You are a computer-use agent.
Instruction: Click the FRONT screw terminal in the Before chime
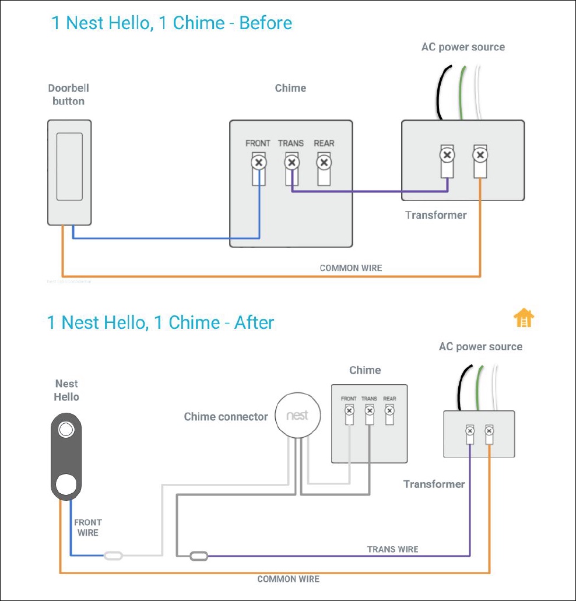[258, 161]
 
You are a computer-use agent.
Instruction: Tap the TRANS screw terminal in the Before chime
[290, 161]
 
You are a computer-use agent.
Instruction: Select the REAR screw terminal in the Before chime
[324, 161]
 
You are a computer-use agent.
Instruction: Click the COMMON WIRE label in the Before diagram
[351, 268]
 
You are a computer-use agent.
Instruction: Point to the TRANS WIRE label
[392, 549]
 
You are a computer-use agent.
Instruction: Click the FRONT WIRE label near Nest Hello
[88, 528]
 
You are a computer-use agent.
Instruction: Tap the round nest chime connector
[297, 416]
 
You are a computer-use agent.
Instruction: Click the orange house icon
[524, 318]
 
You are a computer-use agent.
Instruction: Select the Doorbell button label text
[69, 95]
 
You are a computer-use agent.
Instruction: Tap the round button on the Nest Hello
[65, 483]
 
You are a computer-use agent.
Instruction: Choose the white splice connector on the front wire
[113, 556]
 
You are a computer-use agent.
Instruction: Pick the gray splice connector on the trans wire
[199, 556]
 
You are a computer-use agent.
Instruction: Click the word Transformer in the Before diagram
[436, 215]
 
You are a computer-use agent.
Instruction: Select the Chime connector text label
[226, 416]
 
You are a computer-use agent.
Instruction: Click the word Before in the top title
[266, 23]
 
